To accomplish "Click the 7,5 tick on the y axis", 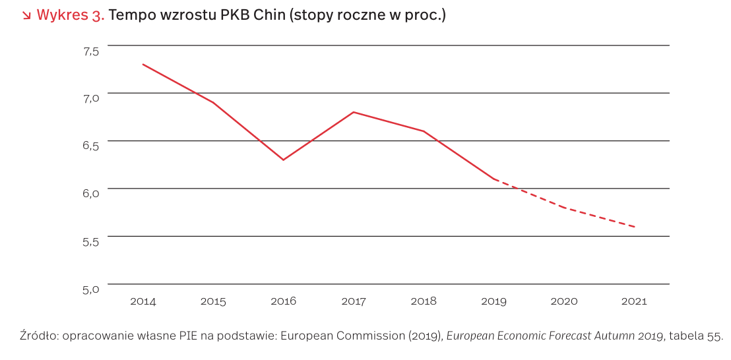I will [x=90, y=50].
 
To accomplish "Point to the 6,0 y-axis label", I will [x=90, y=193].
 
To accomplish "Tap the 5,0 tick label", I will [x=90, y=288].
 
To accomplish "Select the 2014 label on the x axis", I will [x=143, y=301].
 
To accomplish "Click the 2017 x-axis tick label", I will [x=354, y=301].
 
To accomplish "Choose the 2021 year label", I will [x=634, y=301].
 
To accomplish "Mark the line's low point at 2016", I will [x=283, y=160].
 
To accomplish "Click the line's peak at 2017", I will [x=354, y=112].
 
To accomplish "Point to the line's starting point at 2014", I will [x=143, y=65].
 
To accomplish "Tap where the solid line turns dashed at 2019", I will [x=493, y=179].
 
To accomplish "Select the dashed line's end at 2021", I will [x=634, y=227].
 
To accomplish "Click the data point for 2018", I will [x=424, y=131].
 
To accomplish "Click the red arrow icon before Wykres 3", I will [x=26, y=15].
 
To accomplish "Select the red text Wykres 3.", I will [x=71, y=15].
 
